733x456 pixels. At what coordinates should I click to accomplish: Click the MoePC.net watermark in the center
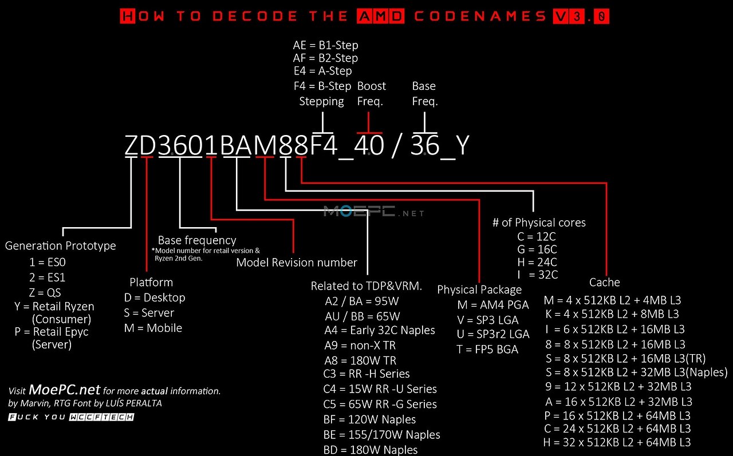click(x=374, y=212)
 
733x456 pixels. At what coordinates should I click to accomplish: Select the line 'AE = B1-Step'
click(x=325, y=45)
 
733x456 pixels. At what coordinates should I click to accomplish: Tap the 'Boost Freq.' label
click(x=371, y=94)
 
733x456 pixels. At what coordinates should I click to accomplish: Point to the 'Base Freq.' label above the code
click(x=424, y=94)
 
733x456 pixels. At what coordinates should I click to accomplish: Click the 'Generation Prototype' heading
click(x=60, y=246)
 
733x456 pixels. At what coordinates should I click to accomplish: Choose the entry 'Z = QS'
click(x=46, y=292)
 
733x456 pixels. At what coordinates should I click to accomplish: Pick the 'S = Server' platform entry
click(x=149, y=313)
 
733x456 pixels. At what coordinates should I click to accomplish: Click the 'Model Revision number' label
click(x=297, y=263)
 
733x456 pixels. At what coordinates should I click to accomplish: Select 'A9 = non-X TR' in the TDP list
click(x=360, y=346)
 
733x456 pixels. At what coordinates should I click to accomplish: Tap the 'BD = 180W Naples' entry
click(x=370, y=450)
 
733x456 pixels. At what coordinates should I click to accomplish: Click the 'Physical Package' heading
click(x=479, y=290)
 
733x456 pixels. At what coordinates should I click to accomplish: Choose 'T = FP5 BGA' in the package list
click(x=487, y=349)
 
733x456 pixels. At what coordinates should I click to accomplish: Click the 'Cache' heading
click(x=604, y=282)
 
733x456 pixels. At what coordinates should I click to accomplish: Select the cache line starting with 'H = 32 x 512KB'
click(x=617, y=442)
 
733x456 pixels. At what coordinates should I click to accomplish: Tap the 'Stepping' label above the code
click(x=321, y=101)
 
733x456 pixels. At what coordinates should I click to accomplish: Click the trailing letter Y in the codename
click(x=462, y=146)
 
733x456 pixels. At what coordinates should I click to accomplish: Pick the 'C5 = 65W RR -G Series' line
click(x=380, y=405)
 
